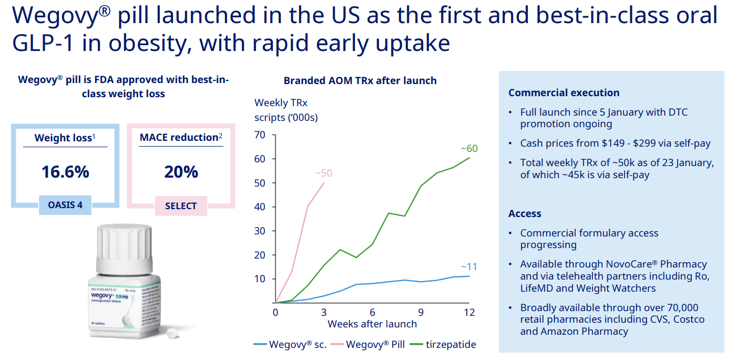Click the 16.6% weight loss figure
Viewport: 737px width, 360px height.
[x=65, y=172]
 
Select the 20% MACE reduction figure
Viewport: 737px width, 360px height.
[x=181, y=172]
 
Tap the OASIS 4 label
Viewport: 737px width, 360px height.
[x=65, y=205]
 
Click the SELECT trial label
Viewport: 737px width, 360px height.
[x=181, y=206]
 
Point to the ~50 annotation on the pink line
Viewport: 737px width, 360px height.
[x=324, y=173]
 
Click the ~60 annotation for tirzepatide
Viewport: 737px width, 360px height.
[x=469, y=149]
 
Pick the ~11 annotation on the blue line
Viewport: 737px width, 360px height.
[x=469, y=266]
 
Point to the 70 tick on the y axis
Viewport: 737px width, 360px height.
[x=260, y=135]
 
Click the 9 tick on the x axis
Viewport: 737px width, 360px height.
[x=421, y=312]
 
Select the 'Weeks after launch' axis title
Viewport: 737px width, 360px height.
[x=372, y=324]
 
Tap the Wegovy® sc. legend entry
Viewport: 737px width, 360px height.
[x=298, y=345]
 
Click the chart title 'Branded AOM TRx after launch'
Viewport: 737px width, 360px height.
[x=360, y=81]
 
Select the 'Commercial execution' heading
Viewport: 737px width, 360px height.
[x=564, y=93]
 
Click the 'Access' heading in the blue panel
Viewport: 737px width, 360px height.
[x=525, y=214]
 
